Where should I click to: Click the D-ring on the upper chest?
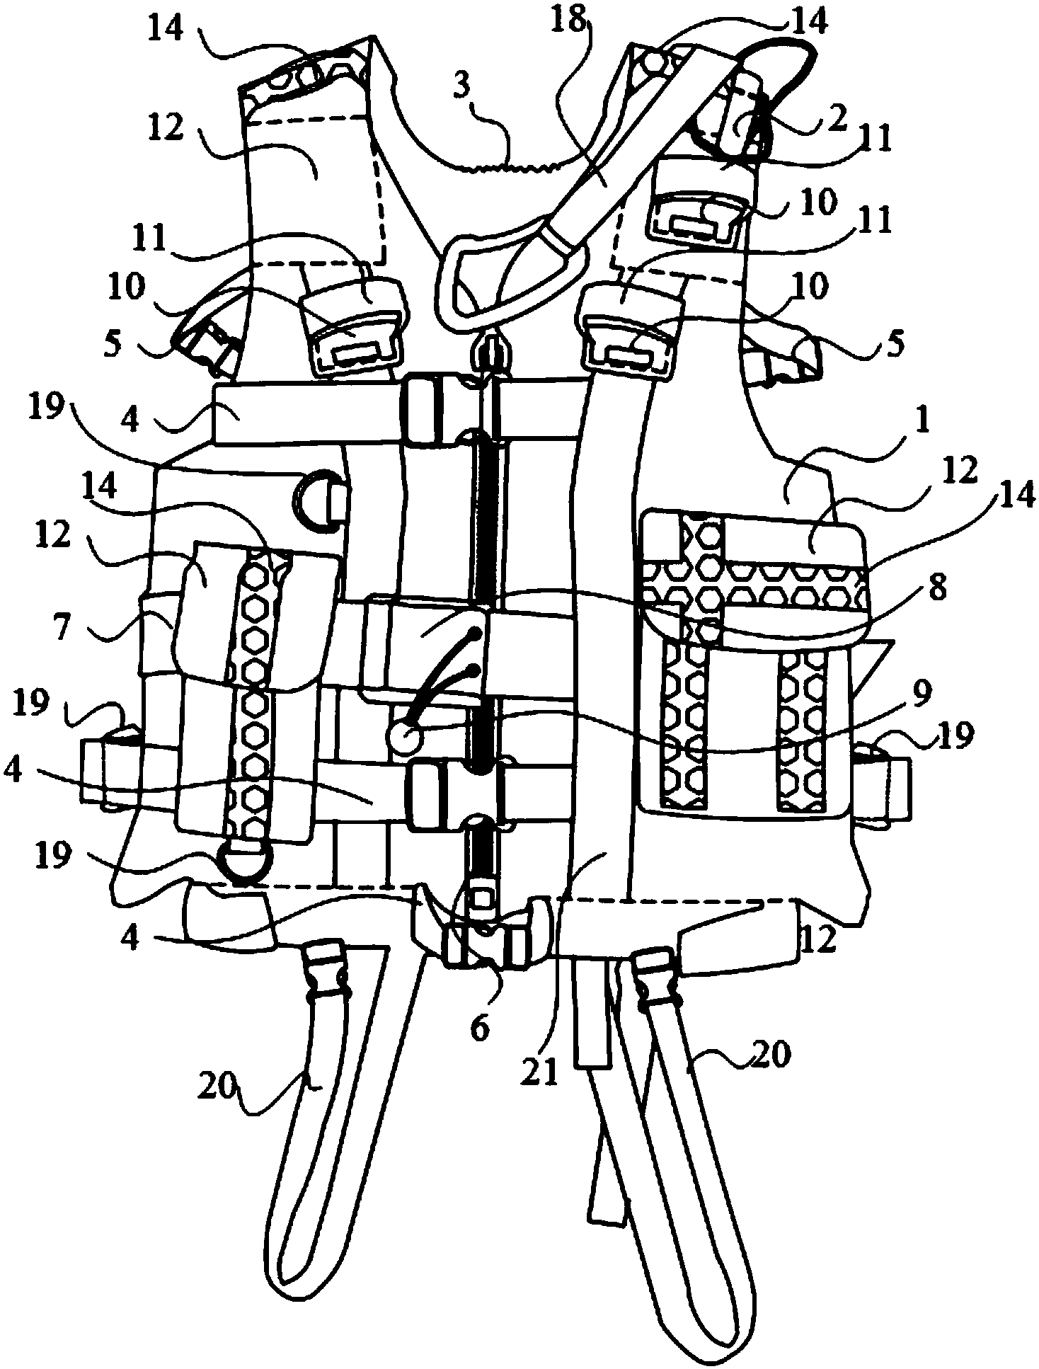tap(319, 499)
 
